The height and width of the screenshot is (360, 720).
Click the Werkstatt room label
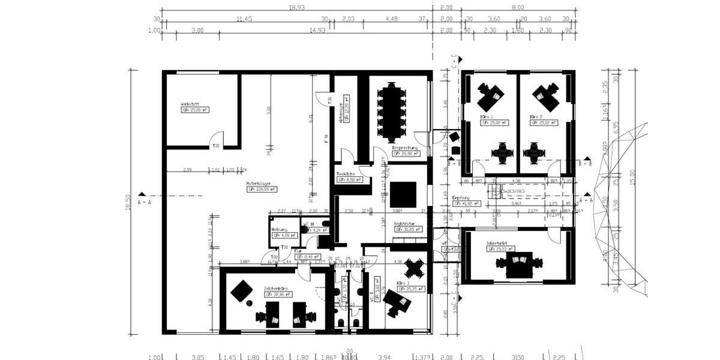190,104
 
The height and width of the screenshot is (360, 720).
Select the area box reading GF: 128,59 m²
262,189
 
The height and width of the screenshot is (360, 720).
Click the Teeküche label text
346,174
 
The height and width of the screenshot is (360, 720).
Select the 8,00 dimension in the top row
517,7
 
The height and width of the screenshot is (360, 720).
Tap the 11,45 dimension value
243,19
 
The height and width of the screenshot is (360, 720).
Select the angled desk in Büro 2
547,93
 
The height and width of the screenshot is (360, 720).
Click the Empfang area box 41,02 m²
468,203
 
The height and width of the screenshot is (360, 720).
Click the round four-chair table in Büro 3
415,266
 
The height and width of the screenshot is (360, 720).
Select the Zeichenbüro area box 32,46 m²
279,295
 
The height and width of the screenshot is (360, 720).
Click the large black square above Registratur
403,193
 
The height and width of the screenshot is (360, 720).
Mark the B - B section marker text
586,163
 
